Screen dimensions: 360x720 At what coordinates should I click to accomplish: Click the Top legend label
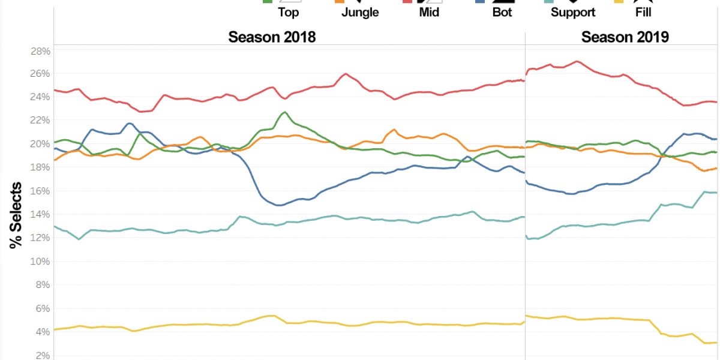[289, 12]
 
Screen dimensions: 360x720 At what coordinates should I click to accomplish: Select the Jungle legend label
[360, 12]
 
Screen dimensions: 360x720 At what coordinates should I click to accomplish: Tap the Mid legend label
[430, 12]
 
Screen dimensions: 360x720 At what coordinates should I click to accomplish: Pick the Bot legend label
[502, 12]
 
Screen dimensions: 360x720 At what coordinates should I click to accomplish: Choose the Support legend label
[573, 12]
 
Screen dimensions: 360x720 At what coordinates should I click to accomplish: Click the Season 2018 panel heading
[272, 37]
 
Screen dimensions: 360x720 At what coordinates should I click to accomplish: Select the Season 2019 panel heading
[625, 37]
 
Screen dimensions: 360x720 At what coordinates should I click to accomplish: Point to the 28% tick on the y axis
[40, 51]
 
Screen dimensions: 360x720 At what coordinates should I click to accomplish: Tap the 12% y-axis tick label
[40, 238]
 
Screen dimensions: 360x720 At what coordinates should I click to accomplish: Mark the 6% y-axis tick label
[40, 308]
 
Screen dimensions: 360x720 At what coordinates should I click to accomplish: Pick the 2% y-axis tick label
[40, 355]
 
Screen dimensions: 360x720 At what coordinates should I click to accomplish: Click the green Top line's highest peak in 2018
[284, 112]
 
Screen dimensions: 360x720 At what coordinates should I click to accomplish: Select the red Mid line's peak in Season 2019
[577, 61]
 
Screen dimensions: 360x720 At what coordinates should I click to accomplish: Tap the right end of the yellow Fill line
[716, 343]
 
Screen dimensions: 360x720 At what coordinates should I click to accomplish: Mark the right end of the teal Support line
[716, 193]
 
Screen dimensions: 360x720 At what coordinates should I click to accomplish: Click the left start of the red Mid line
[55, 90]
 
